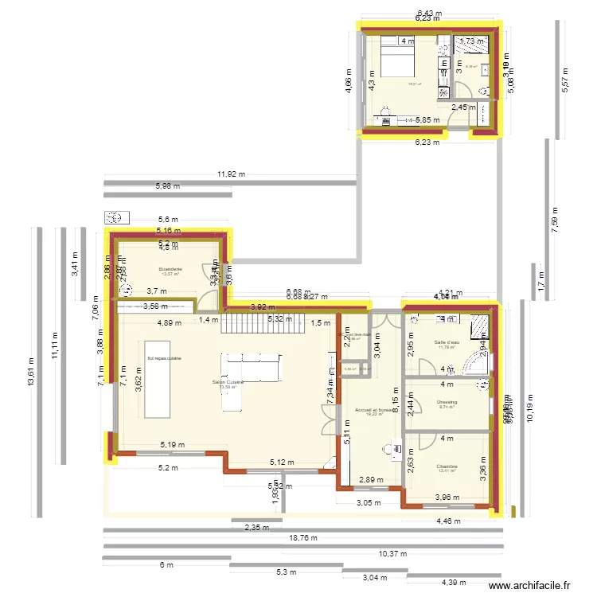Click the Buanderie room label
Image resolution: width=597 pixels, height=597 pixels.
[170, 269]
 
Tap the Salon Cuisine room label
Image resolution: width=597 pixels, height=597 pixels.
[228, 382]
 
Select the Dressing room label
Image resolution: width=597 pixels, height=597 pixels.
[447, 402]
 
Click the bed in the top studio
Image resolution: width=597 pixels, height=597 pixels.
[395, 62]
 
